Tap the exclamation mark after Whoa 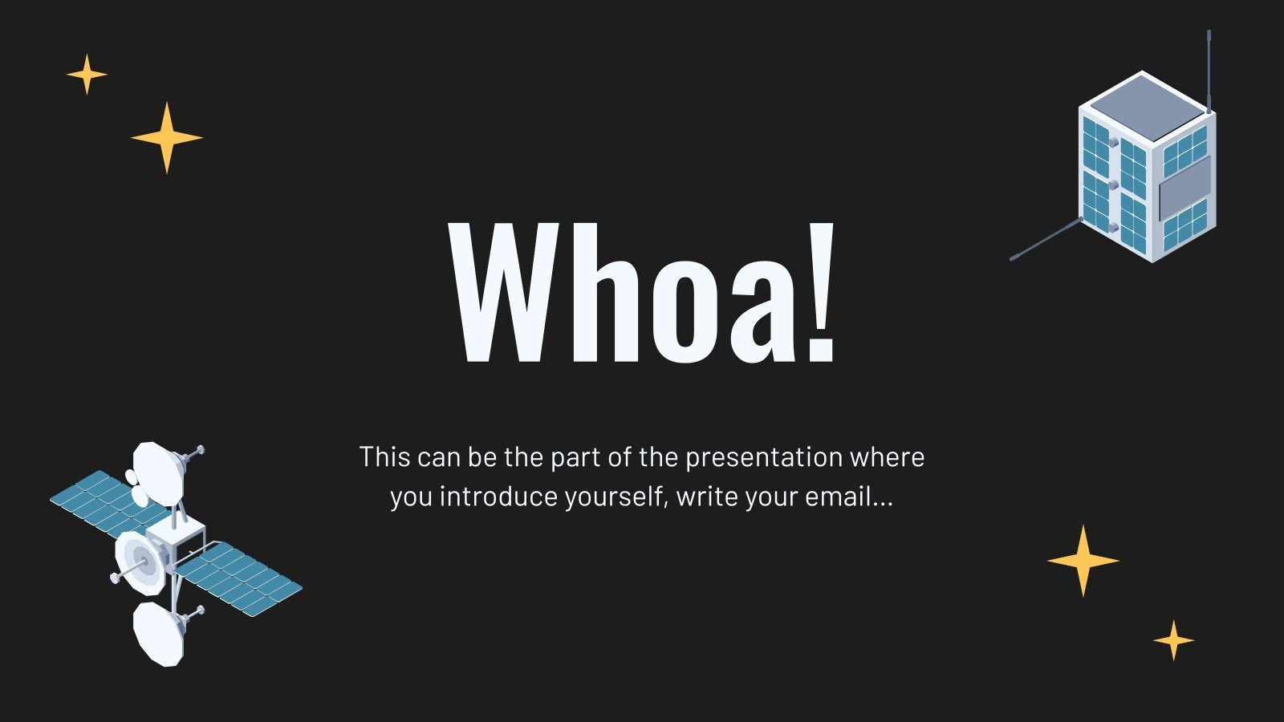(820, 292)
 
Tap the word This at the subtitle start (385, 457)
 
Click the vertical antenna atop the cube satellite (1209, 68)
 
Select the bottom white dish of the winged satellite (159, 633)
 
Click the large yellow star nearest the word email (1083, 561)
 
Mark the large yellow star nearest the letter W (166, 137)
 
